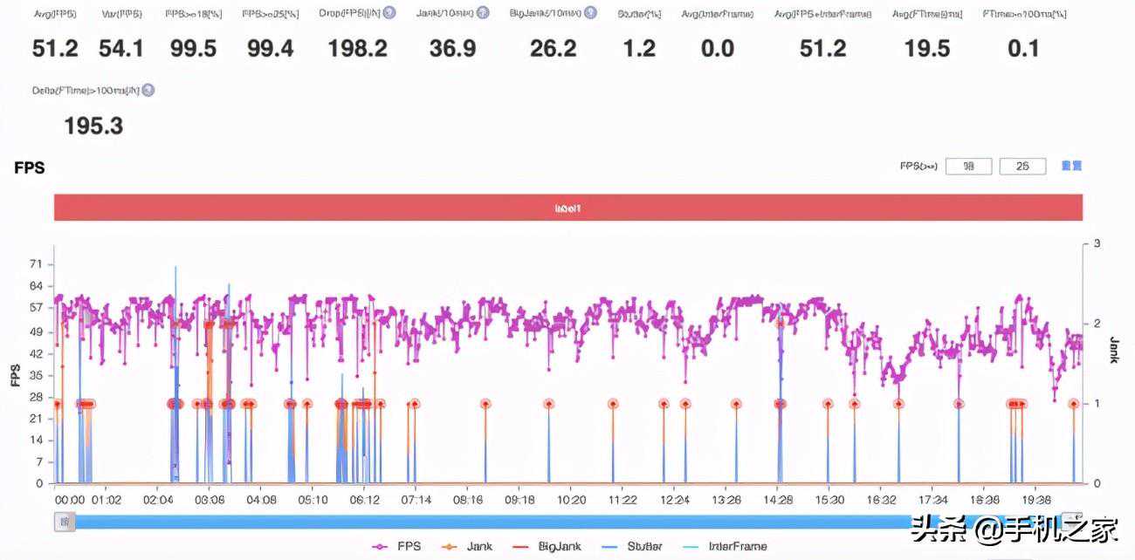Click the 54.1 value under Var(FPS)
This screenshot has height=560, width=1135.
click(x=121, y=49)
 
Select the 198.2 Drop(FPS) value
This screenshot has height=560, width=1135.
click(x=357, y=49)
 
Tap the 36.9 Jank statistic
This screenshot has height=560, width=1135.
click(x=452, y=49)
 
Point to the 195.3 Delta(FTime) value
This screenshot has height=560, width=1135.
click(x=93, y=126)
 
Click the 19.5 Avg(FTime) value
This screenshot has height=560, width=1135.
click(x=927, y=49)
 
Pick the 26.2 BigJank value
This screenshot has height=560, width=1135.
click(x=553, y=49)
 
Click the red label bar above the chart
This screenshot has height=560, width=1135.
click(x=567, y=208)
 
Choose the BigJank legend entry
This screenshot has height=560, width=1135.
click(x=549, y=547)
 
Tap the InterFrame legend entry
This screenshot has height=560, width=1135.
click(x=731, y=547)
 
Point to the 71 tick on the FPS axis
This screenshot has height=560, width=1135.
click(x=35, y=263)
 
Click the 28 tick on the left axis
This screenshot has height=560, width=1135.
click(x=35, y=397)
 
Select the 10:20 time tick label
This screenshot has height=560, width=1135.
click(x=571, y=501)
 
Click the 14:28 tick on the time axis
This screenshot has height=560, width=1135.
click(x=778, y=501)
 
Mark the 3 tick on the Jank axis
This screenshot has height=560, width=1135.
click(x=1096, y=244)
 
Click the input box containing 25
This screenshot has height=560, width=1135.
click(x=1022, y=166)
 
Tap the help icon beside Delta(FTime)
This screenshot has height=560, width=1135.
click(x=148, y=90)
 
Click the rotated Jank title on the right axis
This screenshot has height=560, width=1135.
click(x=1113, y=350)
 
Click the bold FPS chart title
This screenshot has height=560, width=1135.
click(x=30, y=167)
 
